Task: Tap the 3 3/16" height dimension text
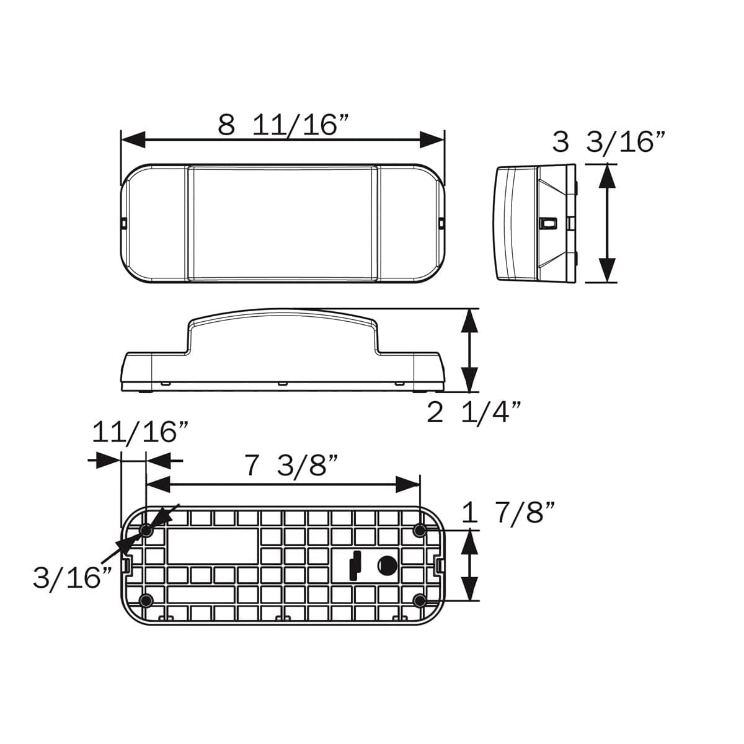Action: pos(609,142)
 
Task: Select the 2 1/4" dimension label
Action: pos(474,412)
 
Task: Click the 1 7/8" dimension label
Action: pos(508,513)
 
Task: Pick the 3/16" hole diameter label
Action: pos(73,578)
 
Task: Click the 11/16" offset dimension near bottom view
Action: pos(140,432)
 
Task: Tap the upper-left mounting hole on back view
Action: pos(146,531)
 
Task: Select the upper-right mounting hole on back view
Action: pos(420,531)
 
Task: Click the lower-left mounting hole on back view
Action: pos(146,600)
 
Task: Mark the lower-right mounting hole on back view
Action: pos(420,600)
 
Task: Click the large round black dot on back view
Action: pos(387,565)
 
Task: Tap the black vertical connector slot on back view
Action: pos(354,565)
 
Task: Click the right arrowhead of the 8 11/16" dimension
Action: pos(432,140)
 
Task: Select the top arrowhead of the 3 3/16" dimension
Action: pos(608,177)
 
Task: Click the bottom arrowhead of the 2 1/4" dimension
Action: pos(470,379)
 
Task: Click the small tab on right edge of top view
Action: pos(441,221)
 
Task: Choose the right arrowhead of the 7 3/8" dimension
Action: pos(408,484)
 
